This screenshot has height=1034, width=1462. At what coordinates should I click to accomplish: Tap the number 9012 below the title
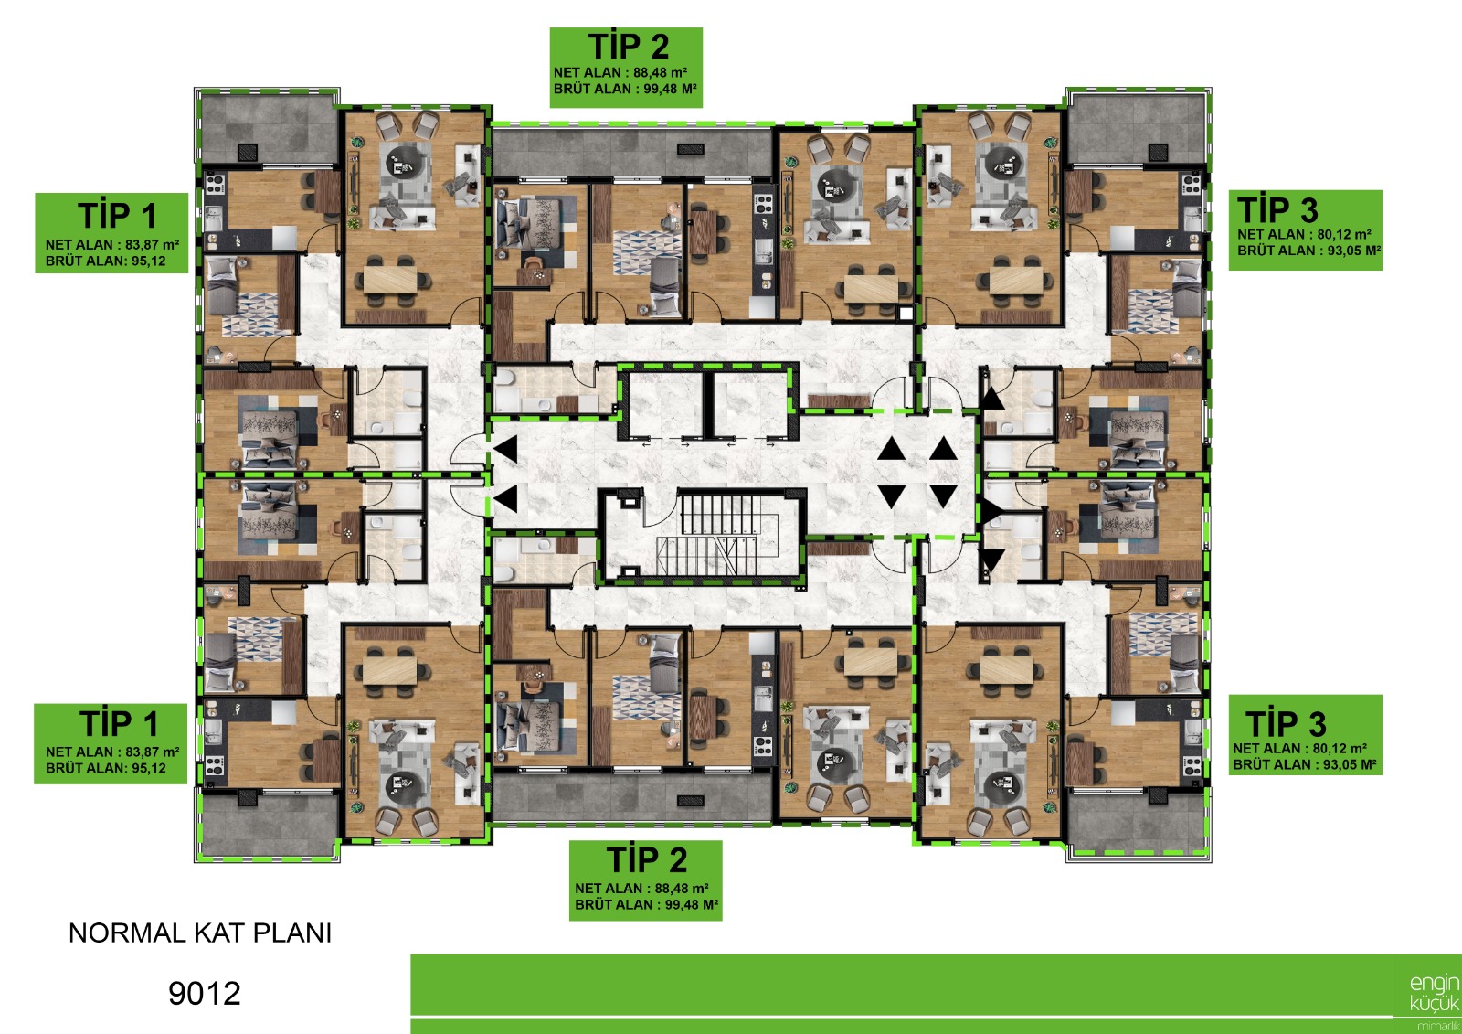(205, 994)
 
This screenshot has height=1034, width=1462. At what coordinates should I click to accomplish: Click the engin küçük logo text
(1434, 993)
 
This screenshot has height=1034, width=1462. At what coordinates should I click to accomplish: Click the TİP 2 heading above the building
(629, 47)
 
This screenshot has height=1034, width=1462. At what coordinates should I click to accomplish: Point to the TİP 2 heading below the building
(647, 859)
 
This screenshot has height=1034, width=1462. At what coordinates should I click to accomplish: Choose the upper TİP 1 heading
(118, 216)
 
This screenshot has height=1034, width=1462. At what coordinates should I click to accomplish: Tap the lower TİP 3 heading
(1286, 724)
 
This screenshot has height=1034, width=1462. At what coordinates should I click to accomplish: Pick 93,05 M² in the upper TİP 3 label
(1354, 251)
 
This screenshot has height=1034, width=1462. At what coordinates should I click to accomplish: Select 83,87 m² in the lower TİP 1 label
(152, 752)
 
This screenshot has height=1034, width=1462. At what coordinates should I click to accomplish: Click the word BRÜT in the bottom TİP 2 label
(595, 905)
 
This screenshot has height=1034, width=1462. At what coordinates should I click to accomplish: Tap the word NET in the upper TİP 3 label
(1250, 234)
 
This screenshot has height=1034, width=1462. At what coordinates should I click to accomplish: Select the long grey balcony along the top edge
(631, 151)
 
